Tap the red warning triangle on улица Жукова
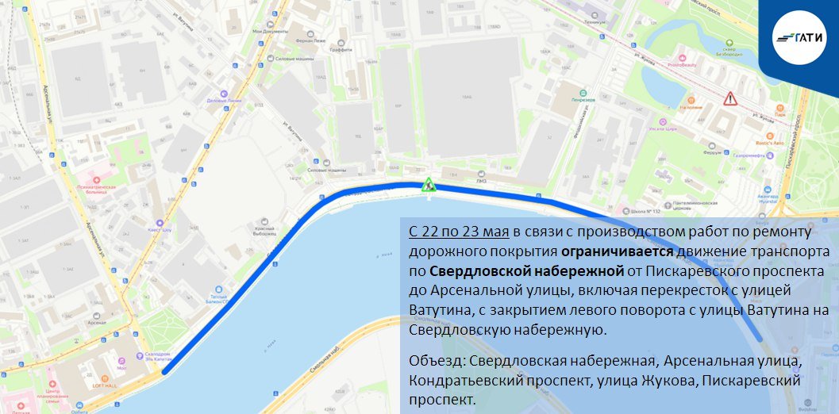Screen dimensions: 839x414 point(729,99)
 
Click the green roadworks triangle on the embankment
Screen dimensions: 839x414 point(429,186)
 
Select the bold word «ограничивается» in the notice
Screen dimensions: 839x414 point(616,252)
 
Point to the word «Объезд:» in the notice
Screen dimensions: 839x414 point(437,362)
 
